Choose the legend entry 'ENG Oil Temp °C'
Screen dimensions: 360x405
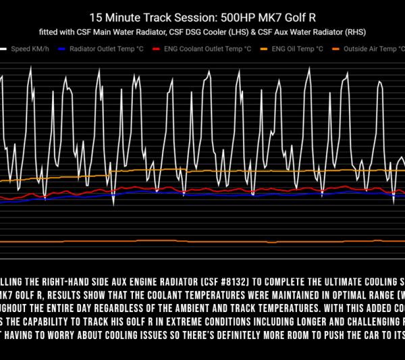click(297, 49)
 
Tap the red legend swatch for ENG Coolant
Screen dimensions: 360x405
click(157, 49)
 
